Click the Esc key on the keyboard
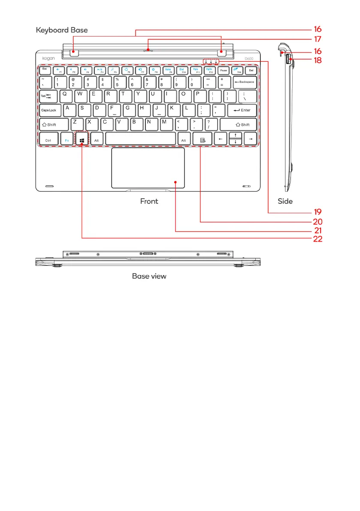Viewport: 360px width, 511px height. click(45, 70)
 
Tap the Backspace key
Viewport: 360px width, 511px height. click(245, 81)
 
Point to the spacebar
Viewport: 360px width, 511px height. click(140, 139)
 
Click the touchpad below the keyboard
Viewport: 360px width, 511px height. click(148, 168)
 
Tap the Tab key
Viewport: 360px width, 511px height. click(48, 96)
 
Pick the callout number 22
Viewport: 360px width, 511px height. click(317, 239)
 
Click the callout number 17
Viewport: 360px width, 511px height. click(317, 39)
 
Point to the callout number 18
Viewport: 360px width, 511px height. click(317, 60)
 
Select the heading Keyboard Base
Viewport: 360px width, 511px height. click(62, 30)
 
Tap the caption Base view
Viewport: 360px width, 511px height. click(149, 276)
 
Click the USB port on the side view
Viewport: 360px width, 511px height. click(289, 60)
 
